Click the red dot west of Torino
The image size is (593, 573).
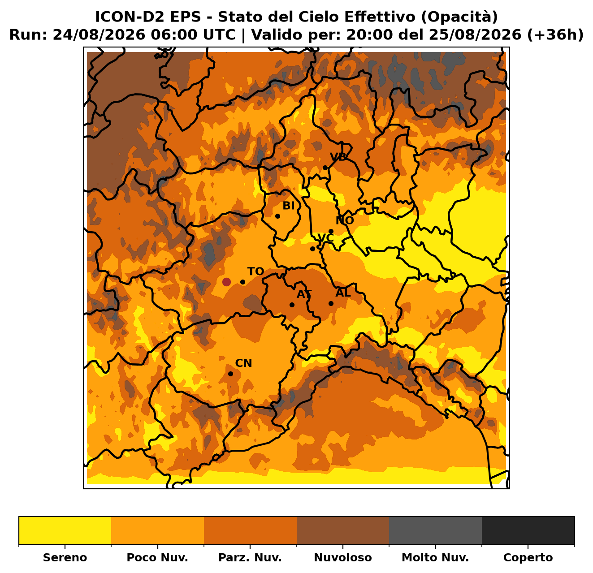[226, 282]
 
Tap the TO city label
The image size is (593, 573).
[255, 271]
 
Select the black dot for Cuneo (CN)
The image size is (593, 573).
[230, 374]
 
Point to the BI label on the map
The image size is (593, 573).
[288, 206]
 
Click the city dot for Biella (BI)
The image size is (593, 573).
[277, 216]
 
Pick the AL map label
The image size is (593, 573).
[343, 293]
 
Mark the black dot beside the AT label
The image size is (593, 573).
[292, 305]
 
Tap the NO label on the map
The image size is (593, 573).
[344, 220]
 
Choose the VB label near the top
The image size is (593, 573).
[338, 157]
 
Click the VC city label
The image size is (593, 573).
[325, 237]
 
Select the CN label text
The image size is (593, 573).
[243, 363]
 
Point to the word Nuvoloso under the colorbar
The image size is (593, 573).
[342, 557]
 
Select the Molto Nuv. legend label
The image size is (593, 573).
[435, 557]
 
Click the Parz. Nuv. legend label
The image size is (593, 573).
[250, 557]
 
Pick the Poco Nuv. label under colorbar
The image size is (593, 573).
[157, 557]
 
